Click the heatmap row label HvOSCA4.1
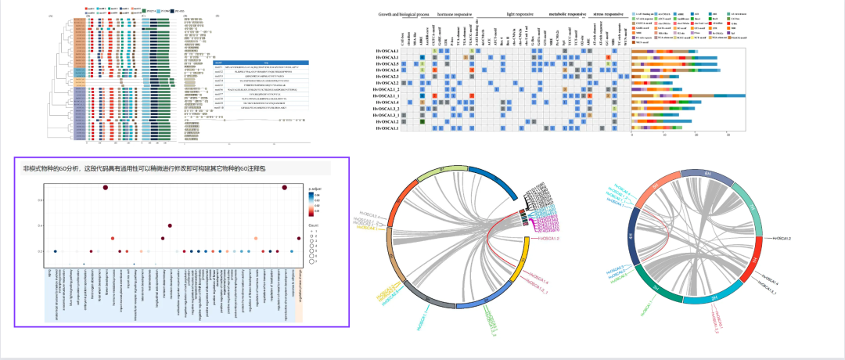click(x=388, y=103)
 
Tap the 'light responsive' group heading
click(x=521, y=14)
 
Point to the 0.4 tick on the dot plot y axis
click(x=40, y=225)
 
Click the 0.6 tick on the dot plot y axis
click(x=40, y=200)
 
